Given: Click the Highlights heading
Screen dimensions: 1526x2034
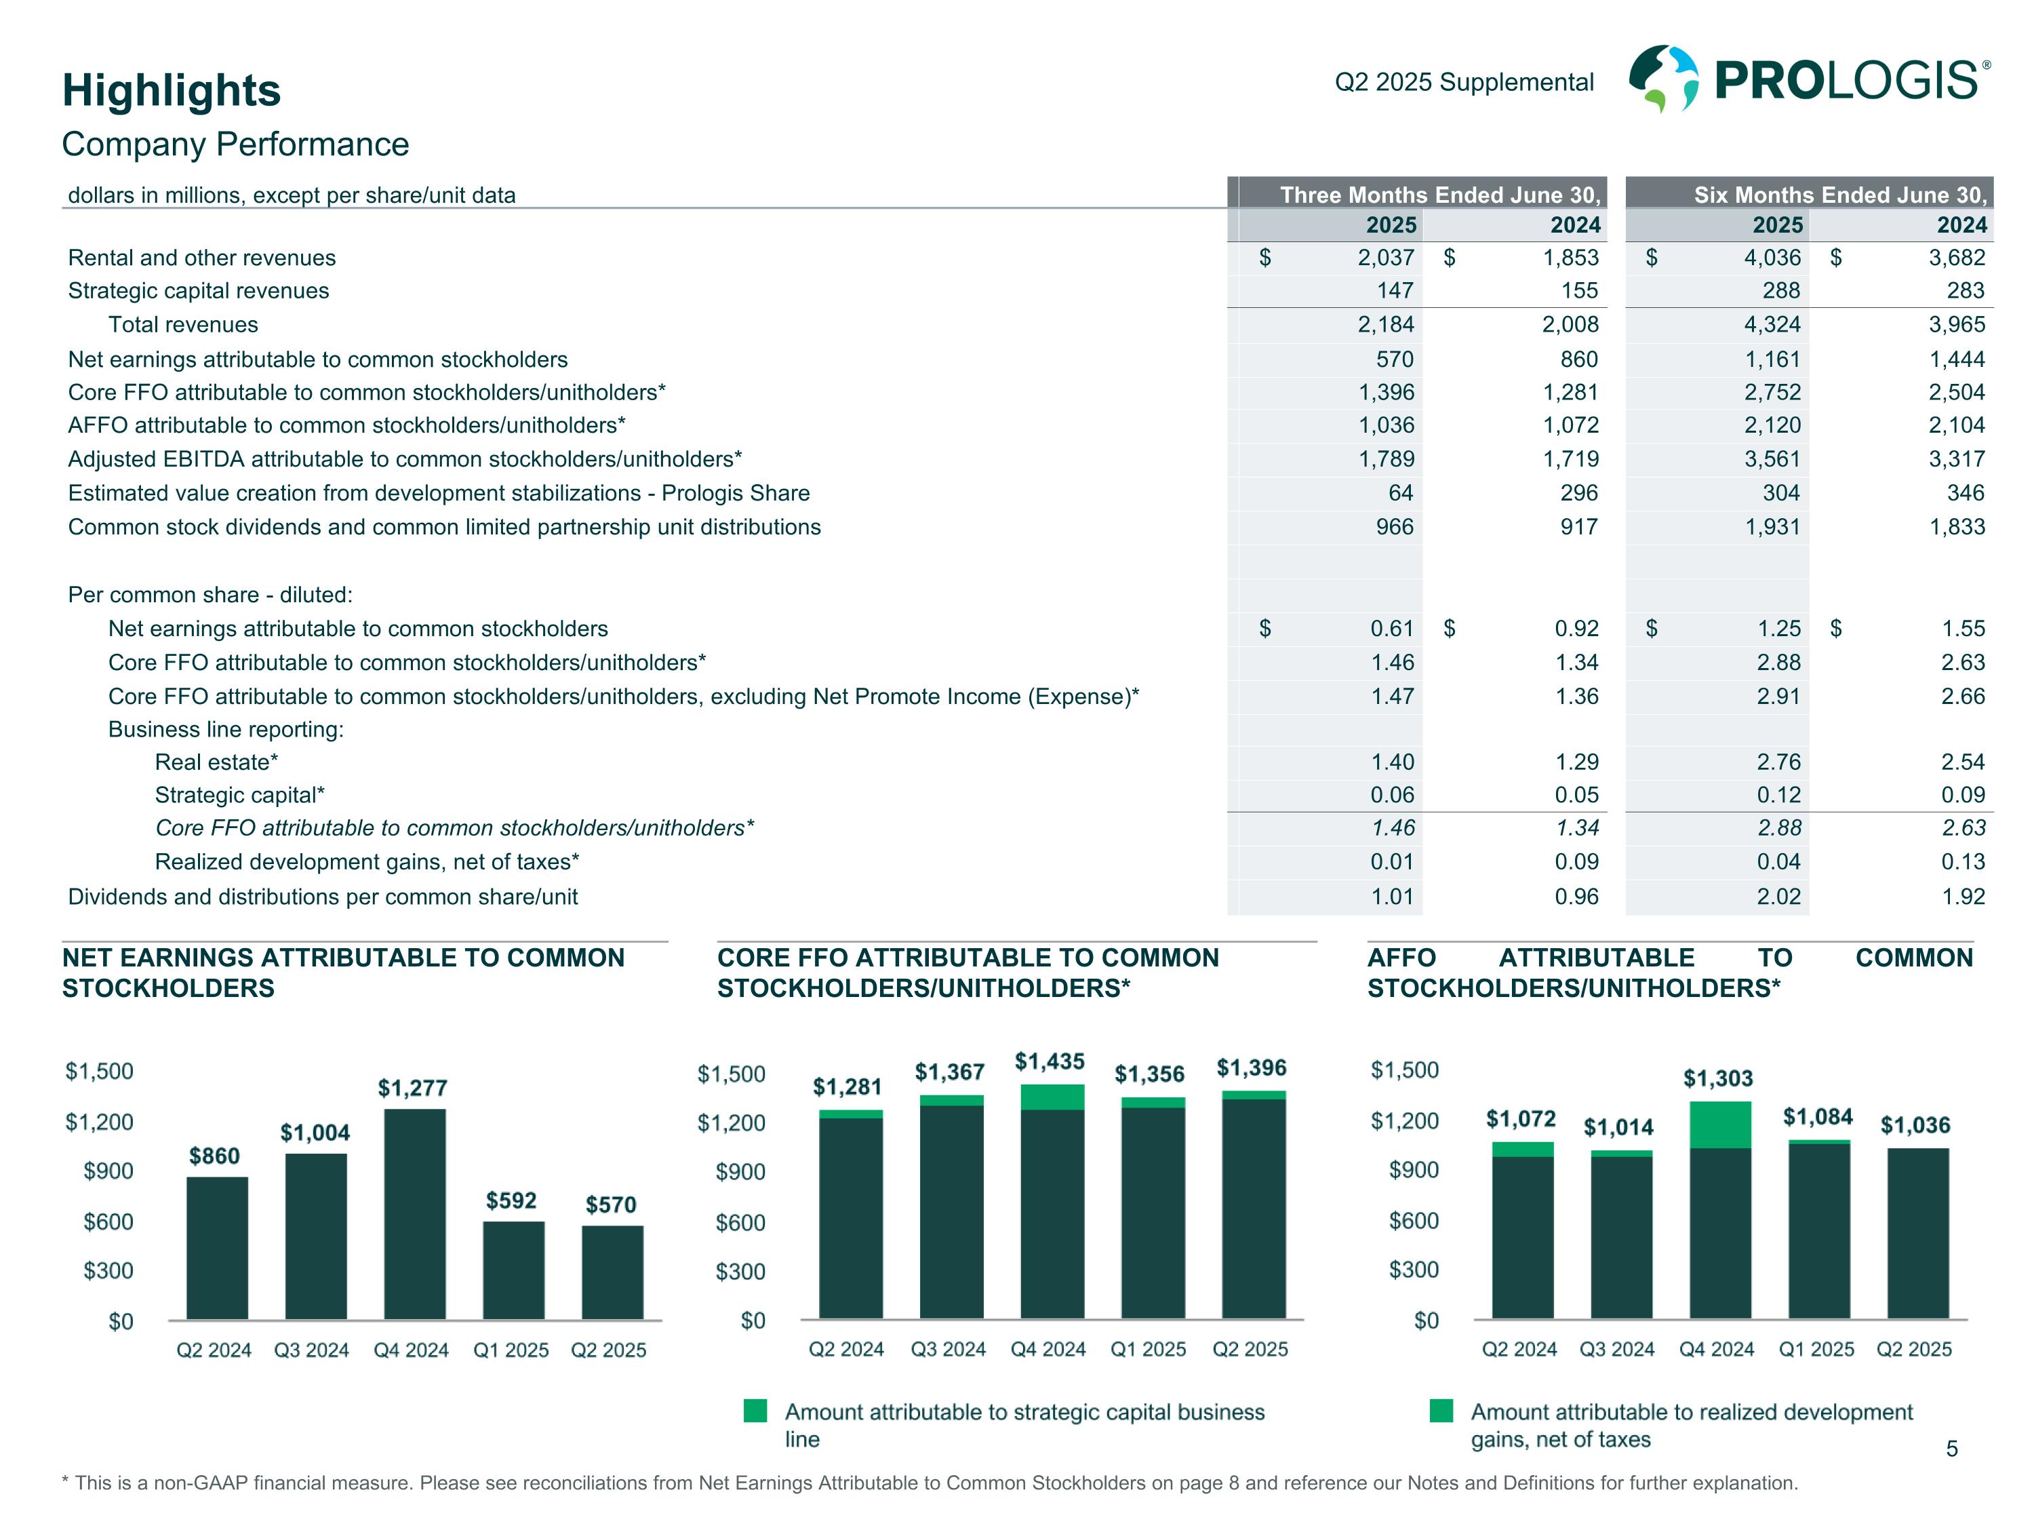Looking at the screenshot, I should tap(171, 90).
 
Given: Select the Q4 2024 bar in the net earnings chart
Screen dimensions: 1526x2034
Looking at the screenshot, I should tap(415, 1213).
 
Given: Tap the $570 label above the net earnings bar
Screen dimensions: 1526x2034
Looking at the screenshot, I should tap(611, 1204).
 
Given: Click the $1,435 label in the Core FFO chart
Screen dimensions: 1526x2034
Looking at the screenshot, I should tap(1049, 1061).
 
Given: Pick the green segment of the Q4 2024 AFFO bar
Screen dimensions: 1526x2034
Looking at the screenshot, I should tap(1719, 1124).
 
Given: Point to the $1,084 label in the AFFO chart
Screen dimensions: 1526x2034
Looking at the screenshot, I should tap(1817, 1116).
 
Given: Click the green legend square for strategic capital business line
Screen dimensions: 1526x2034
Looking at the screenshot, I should tap(755, 1410).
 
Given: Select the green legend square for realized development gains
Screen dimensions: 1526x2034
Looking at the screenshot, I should tap(1441, 1410).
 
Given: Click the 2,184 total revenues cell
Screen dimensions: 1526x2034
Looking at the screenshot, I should tap(1386, 325).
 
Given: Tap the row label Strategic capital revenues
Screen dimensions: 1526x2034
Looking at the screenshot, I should tap(199, 291).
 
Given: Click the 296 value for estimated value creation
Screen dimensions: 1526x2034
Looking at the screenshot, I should tap(1579, 493).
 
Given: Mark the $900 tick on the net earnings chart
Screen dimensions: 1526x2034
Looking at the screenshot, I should tap(108, 1171).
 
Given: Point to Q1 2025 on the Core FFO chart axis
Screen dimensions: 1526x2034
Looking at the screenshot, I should tap(1148, 1350).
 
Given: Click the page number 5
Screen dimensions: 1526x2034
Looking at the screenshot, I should tap(1951, 1449).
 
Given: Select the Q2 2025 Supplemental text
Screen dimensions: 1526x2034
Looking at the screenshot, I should tap(1464, 82).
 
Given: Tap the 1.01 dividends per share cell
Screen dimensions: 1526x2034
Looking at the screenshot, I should tap(1392, 897).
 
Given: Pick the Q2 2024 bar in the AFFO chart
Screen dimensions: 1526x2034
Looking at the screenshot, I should tap(1523, 1230).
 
